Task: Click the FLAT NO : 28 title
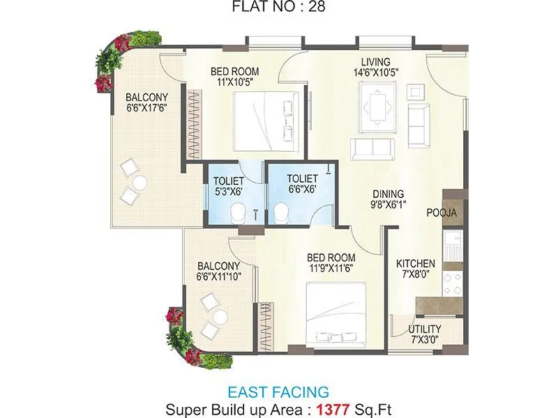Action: point(279,9)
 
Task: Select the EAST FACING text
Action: point(278,392)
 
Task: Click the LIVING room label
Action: point(375,62)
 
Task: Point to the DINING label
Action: point(389,194)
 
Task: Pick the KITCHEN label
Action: point(416,264)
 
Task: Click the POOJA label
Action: point(442,213)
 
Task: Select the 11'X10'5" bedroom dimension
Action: point(236,82)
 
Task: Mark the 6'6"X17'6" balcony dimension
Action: point(147,109)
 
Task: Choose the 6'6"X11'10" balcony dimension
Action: point(218,277)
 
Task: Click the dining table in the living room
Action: point(379,107)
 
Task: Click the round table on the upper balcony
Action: point(140,183)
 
